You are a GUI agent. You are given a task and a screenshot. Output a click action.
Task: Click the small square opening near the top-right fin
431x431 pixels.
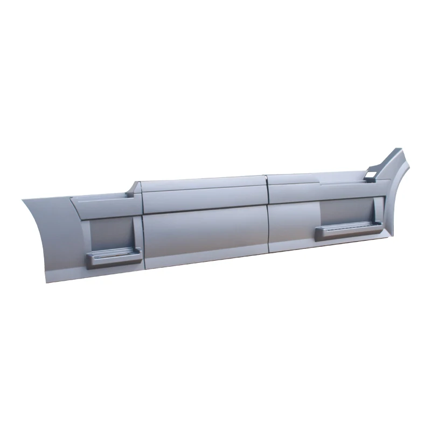371,175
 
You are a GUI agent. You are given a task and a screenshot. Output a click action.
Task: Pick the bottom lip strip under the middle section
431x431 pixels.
205,260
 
